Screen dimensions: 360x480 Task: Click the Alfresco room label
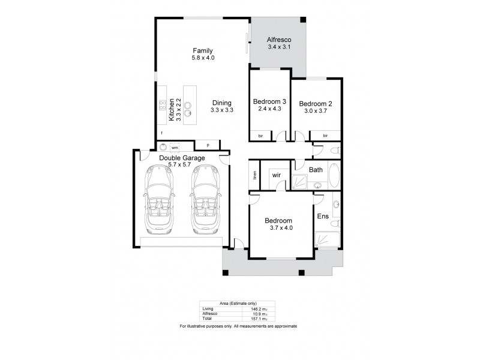(278, 40)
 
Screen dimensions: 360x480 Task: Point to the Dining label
(221, 103)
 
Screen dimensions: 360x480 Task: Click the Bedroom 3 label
(269, 101)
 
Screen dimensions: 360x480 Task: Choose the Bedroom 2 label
(316, 103)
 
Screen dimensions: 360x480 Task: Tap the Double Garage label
(182, 158)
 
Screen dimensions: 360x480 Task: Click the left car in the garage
(159, 200)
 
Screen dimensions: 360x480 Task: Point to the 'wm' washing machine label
(175, 147)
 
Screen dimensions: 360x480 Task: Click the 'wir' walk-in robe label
(277, 175)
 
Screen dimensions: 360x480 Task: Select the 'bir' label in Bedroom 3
(260, 136)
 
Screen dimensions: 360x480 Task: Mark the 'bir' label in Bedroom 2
(325, 136)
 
